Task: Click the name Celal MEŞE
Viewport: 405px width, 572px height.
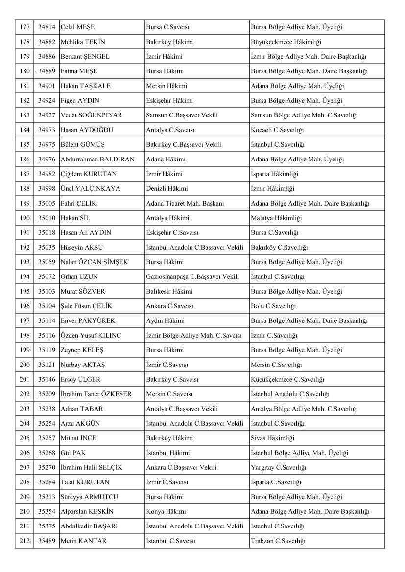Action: tap(77, 27)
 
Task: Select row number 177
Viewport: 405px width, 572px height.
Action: tap(24, 27)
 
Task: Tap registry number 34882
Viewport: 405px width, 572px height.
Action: tap(47, 42)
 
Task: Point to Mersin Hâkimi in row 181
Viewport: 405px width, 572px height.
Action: tap(167, 86)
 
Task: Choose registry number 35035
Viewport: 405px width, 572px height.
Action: tap(47, 248)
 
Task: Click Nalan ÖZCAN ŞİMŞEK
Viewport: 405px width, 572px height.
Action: tap(94, 262)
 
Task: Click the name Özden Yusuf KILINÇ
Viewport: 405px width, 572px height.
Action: tap(91, 336)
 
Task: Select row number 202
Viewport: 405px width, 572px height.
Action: tap(24, 394)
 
